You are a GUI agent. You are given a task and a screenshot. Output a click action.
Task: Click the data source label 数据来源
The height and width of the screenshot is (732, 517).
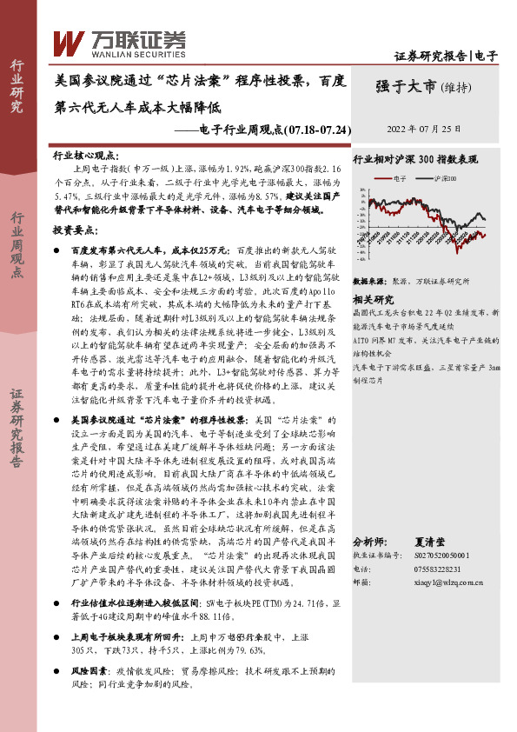tap(368, 283)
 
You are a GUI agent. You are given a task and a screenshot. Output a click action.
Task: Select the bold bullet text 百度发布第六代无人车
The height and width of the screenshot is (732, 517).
tap(119, 250)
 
